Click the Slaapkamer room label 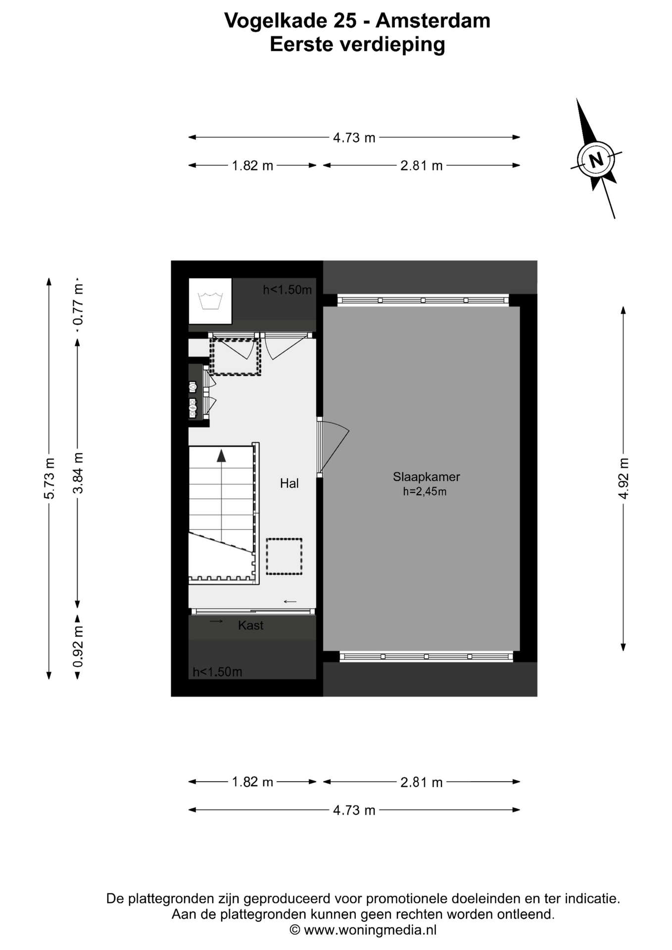tap(426, 477)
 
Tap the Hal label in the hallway tap(289, 483)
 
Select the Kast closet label tap(250, 625)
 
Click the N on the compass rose tap(596, 160)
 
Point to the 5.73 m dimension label tap(49, 479)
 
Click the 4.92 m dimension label tap(624, 478)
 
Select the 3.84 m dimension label tap(78, 474)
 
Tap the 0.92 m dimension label tap(78, 646)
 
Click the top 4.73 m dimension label tap(354, 138)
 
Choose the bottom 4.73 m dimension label tap(354, 810)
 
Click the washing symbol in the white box tap(210, 301)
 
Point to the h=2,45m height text tap(425, 491)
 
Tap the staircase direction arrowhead tap(221, 456)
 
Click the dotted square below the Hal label tap(284, 557)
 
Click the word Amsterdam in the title tap(433, 21)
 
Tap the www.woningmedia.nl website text tap(370, 930)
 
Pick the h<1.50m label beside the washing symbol tap(288, 290)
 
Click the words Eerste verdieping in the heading tap(357, 45)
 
